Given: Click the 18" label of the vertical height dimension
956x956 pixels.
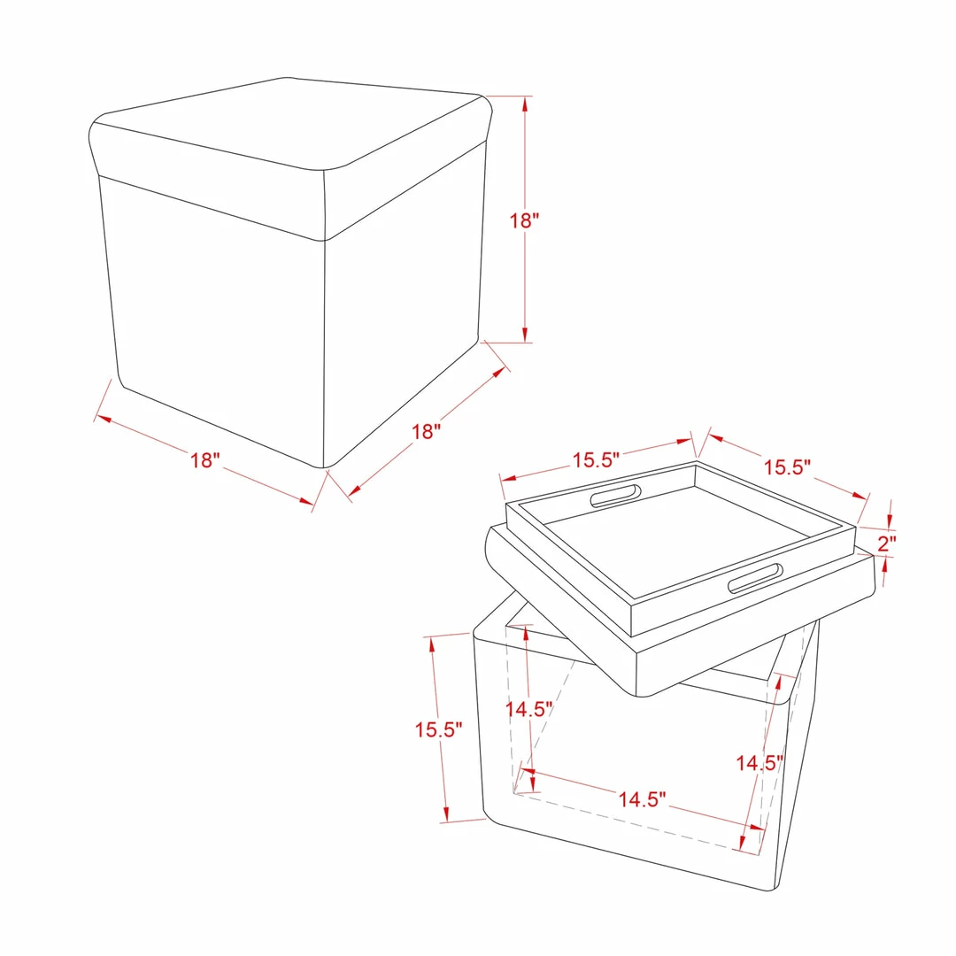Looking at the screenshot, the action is click(x=524, y=220).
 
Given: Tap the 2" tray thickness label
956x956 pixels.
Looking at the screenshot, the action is click(x=886, y=543).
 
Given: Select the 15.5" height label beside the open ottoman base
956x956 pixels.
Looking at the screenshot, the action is click(x=438, y=729).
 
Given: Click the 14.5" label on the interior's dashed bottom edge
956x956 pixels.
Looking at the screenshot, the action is click(x=642, y=798).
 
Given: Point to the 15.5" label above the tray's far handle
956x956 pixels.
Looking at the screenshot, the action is click(x=596, y=459).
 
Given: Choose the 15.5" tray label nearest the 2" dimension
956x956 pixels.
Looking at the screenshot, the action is click(x=787, y=467).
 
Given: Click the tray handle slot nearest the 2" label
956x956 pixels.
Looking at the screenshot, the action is click(x=755, y=578).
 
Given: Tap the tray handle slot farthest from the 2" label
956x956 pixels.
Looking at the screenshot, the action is click(x=616, y=497).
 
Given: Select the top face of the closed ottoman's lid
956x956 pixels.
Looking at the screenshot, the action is click(x=289, y=122).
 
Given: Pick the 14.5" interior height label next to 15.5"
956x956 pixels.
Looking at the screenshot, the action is click(x=528, y=709).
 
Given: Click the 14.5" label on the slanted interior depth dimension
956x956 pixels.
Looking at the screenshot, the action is click(x=759, y=763).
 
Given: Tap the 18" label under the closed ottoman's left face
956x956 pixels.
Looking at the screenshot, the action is click(x=204, y=459).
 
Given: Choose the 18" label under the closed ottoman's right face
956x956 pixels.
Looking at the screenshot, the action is click(x=426, y=432).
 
